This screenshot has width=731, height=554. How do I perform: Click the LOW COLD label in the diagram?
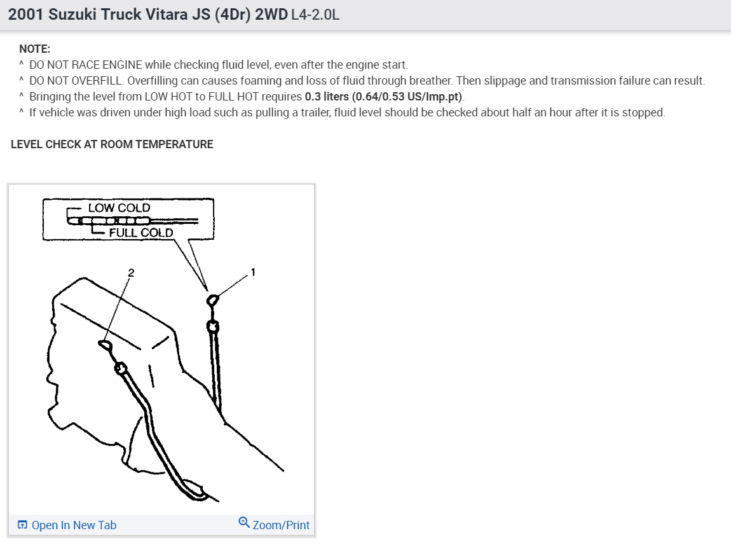tap(119, 208)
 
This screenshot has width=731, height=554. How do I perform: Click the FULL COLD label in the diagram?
tap(140, 233)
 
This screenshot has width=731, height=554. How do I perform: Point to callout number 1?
tap(253, 272)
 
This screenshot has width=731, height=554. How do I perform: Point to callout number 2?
tap(131, 272)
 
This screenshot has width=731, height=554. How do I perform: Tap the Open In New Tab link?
tap(74, 525)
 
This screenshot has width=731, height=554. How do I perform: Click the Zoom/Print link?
tap(281, 525)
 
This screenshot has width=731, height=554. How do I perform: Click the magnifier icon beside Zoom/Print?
tap(244, 523)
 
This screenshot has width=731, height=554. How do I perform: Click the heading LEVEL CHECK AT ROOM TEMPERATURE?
tap(112, 144)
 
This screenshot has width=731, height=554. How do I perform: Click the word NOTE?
tap(34, 49)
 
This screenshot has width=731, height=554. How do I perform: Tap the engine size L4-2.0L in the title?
tap(315, 15)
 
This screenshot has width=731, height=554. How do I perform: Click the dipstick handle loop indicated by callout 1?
tap(213, 299)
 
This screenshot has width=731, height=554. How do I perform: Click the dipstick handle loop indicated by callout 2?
tap(105, 345)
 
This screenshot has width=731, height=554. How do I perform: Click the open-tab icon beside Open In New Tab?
tap(22, 525)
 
